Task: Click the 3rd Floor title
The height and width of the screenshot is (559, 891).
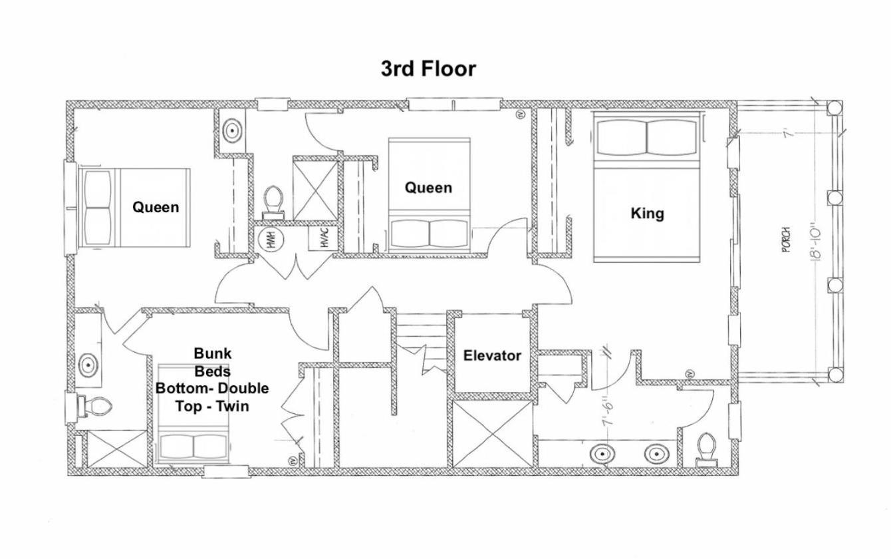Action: click(428, 69)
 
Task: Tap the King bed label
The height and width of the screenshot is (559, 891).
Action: click(647, 214)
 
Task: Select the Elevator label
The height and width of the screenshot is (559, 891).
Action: click(492, 355)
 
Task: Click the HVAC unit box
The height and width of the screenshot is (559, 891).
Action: click(324, 238)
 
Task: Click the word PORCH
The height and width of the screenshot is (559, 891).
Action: click(785, 240)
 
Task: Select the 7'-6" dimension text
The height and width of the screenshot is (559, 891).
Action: click(609, 415)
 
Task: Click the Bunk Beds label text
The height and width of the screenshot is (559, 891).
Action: click(212, 362)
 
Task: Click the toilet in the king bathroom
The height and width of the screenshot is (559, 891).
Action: click(707, 450)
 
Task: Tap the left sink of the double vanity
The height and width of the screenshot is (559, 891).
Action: click(602, 454)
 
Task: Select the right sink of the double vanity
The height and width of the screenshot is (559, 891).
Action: click(657, 454)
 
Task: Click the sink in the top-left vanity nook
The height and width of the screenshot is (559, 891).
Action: click(232, 129)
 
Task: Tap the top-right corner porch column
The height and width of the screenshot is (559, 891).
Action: click(834, 108)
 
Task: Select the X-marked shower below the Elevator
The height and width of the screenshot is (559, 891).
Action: click(493, 434)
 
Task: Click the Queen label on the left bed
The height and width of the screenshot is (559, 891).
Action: click(156, 207)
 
